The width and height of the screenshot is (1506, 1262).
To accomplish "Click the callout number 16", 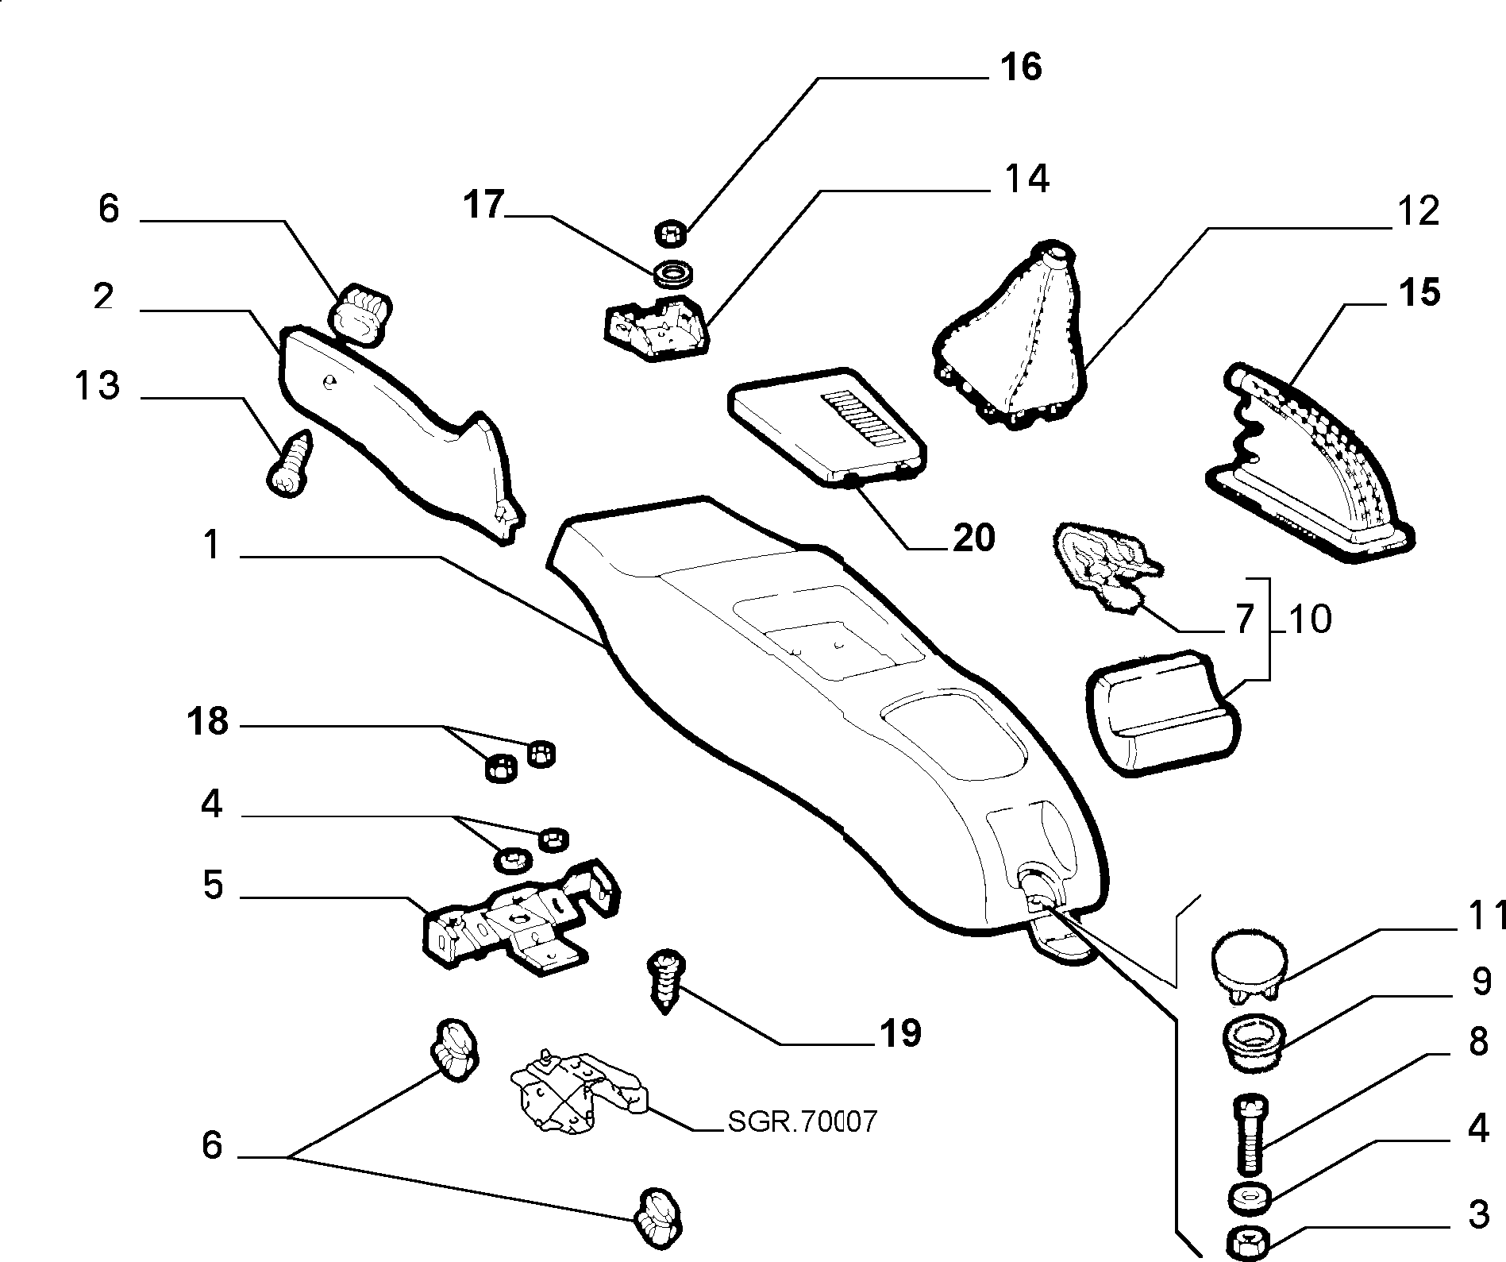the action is click(1021, 68).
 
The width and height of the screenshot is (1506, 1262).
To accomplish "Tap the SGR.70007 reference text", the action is click(802, 1121).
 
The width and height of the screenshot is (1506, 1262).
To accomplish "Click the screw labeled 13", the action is click(290, 465).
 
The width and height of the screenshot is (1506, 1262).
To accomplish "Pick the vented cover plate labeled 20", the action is click(827, 425).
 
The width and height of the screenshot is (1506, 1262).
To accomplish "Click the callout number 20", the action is click(974, 538).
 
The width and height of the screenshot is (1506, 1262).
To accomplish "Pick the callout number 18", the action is click(208, 722).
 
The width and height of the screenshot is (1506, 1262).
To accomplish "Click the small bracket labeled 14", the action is click(656, 328).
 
